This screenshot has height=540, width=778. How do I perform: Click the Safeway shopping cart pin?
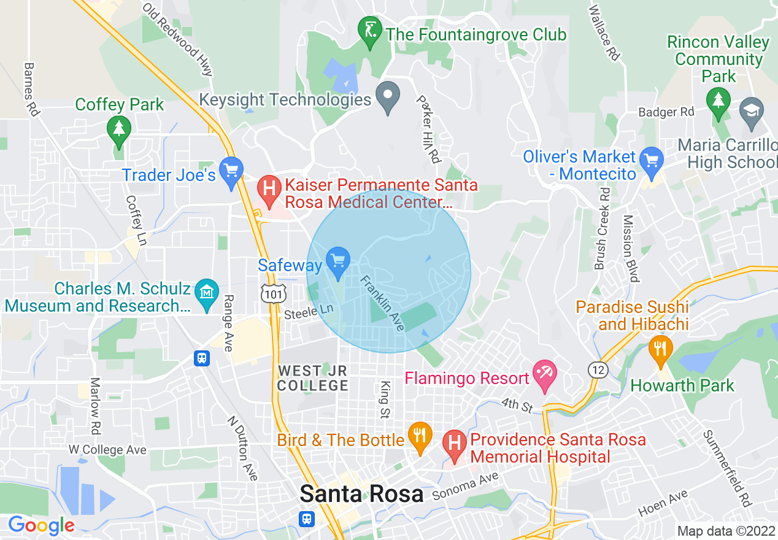click(x=337, y=261)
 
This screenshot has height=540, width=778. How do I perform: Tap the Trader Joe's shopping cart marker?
click(x=231, y=171)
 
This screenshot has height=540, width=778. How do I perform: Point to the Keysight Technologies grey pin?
click(x=388, y=96)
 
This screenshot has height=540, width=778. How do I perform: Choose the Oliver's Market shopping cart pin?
click(x=651, y=160)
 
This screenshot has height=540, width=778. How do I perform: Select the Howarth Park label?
click(x=682, y=385)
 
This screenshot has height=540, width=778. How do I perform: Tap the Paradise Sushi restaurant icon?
click(x=660, y=349)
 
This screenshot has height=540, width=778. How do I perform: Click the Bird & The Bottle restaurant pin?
click(x=420, y=436)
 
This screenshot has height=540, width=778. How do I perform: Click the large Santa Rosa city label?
click(x=361, y=494)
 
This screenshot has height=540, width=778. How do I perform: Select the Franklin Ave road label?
click(x=382, y=303)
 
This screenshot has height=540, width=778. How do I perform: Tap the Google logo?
click(x=41, y=525)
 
